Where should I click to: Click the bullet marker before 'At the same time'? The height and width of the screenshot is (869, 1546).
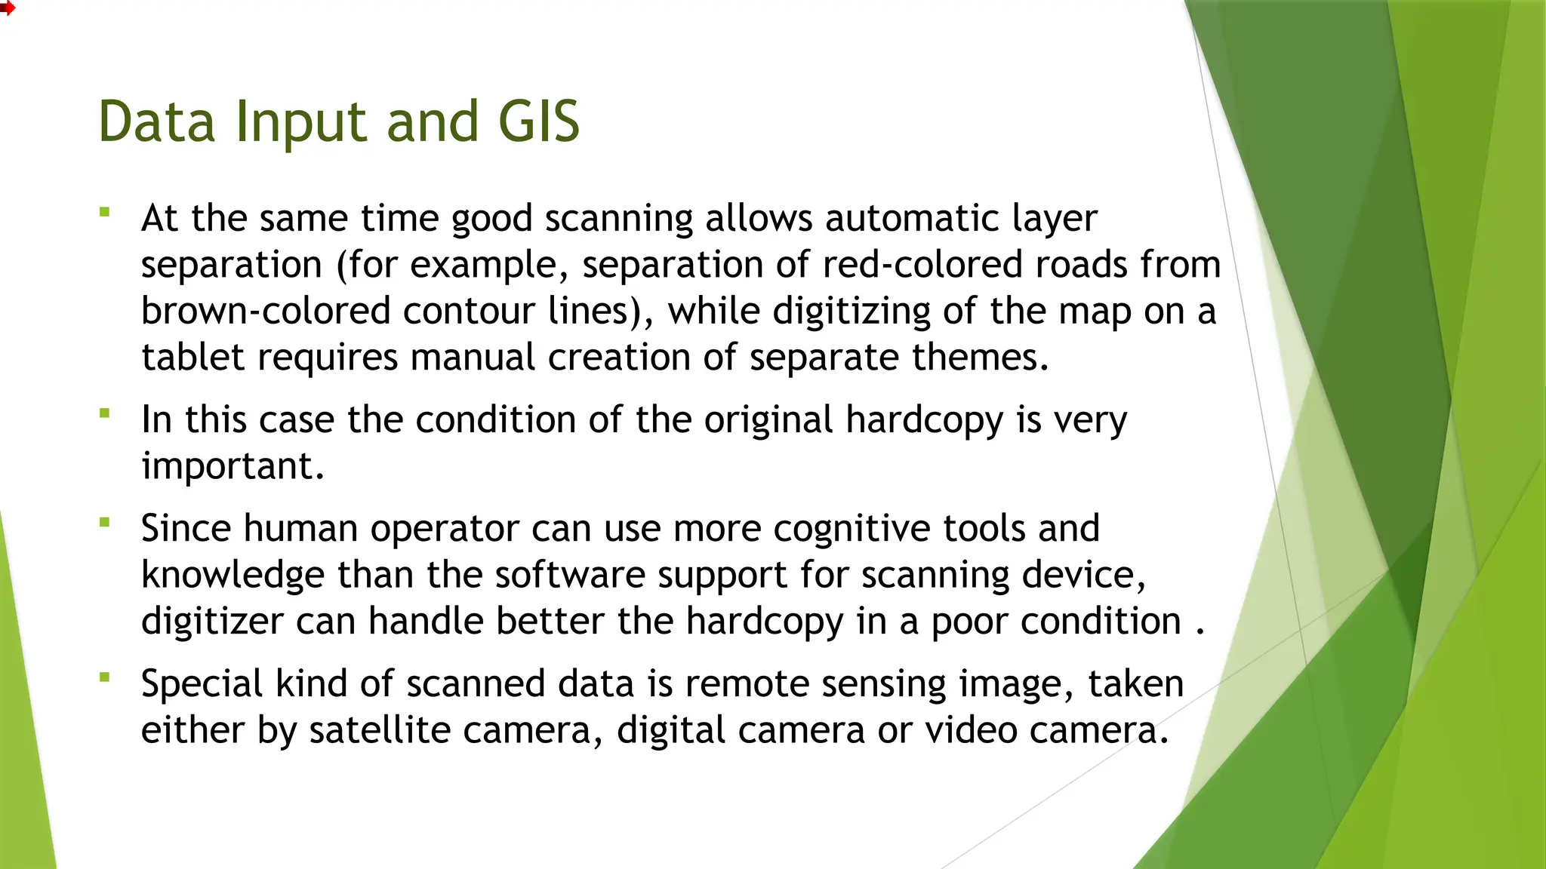[x=105, y=212]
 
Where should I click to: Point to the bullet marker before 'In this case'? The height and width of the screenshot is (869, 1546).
[x=105, y=413]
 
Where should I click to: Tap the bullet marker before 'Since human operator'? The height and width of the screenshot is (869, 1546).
[x=105, y=521]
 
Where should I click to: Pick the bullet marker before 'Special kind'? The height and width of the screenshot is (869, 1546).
[x=105, y=677]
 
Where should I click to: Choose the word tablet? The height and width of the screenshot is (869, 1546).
[x=192, y=357]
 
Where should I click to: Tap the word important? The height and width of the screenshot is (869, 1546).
[x=233, y=467]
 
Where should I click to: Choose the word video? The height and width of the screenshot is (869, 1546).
[x=971, y=730]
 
